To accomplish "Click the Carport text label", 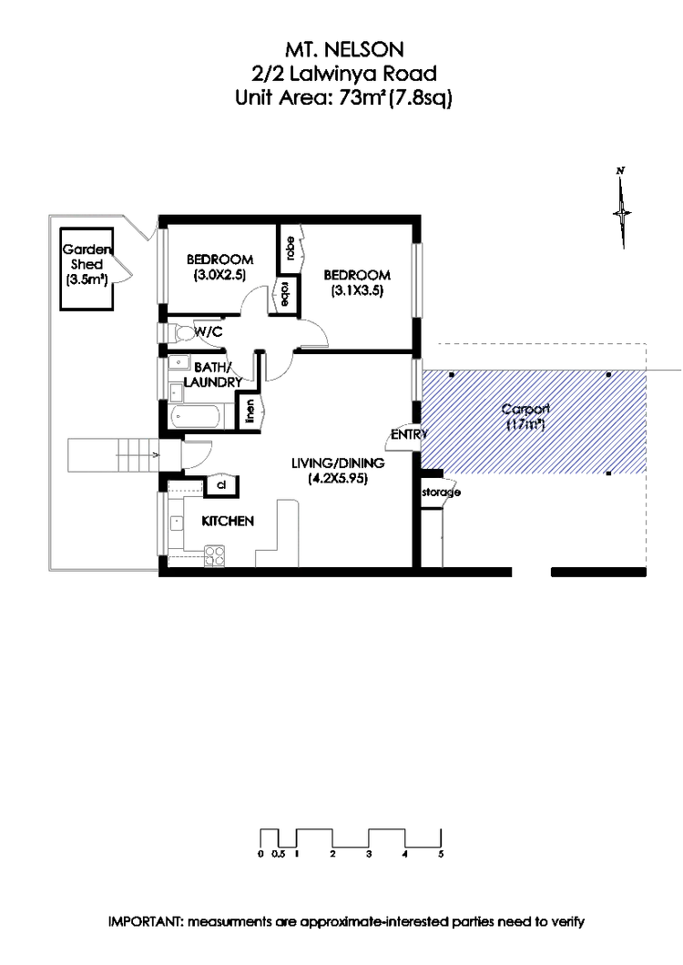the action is [525, 416].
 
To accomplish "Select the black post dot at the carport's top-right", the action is [608, 374].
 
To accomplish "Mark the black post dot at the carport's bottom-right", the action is [608, 474].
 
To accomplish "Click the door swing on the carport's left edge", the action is [401, 439].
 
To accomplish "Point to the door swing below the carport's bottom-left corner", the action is [446, 494].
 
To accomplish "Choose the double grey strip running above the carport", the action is [541, 341].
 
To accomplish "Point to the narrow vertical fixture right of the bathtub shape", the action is [264, 412].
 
